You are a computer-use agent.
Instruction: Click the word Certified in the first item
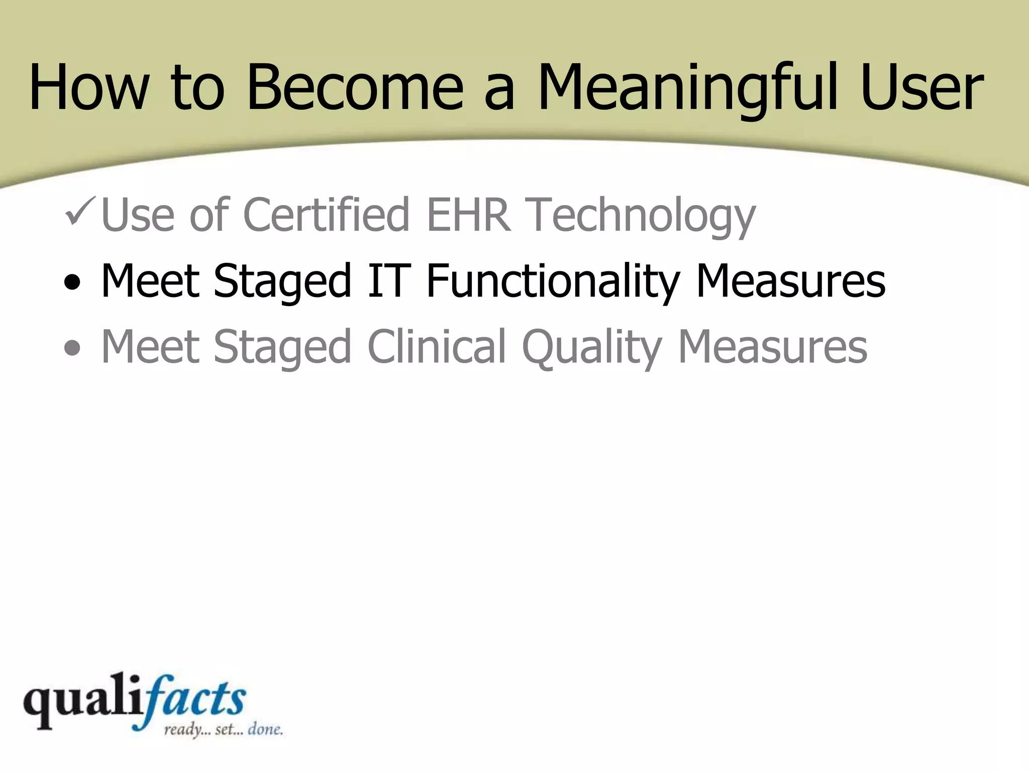(x=326, y=215)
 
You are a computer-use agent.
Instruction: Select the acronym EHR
(x=468, y=215)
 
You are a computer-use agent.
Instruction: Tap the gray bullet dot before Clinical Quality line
(x=72, y=348)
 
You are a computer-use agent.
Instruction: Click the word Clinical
(x=436, y=347)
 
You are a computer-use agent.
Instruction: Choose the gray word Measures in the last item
(x=772, y=347)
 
